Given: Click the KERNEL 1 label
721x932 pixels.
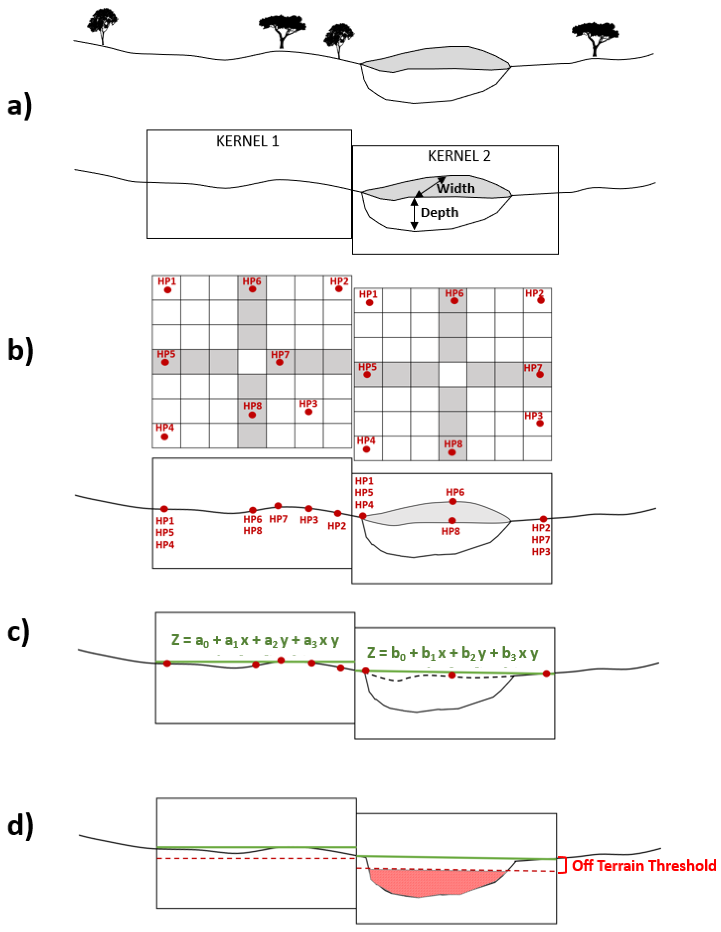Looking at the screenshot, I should point(247,141).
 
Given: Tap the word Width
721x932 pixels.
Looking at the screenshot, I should point(455,188).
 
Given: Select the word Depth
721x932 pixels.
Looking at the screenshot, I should point(439,212).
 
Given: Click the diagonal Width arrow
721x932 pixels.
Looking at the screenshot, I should point(430,187).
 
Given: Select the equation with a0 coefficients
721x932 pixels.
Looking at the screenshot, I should point(255,641).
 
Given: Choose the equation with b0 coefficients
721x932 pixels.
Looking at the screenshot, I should point(452,653).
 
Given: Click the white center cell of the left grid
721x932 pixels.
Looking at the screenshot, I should point(252,362).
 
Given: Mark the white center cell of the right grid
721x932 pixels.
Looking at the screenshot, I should point(453,375).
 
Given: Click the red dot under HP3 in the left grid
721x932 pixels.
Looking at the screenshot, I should point(309,412).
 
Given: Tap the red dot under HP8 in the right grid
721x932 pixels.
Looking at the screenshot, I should point(452,452).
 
